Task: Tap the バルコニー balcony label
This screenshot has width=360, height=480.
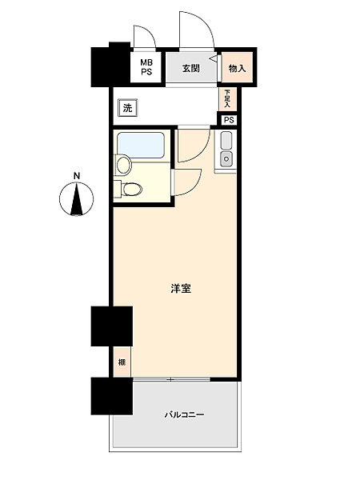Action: [x=185, y=415]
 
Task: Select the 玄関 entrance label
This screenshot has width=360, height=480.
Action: [x=190, y=68]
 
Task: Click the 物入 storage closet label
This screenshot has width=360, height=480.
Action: [x=237, y=68]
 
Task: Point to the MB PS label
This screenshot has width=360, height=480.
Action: [x=146, y=67]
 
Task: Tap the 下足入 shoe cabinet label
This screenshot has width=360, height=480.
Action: [x=227, y=99]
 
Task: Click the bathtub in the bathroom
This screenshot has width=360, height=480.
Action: [x=142, y=146]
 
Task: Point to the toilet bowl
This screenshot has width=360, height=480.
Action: [x=133, y=189]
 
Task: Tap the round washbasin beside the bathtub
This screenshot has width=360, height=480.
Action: [x=122, y=166]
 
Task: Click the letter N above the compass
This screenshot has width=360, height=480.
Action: [x=77, y=176]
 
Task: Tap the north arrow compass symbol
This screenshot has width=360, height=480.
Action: [x=77, y=200]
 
